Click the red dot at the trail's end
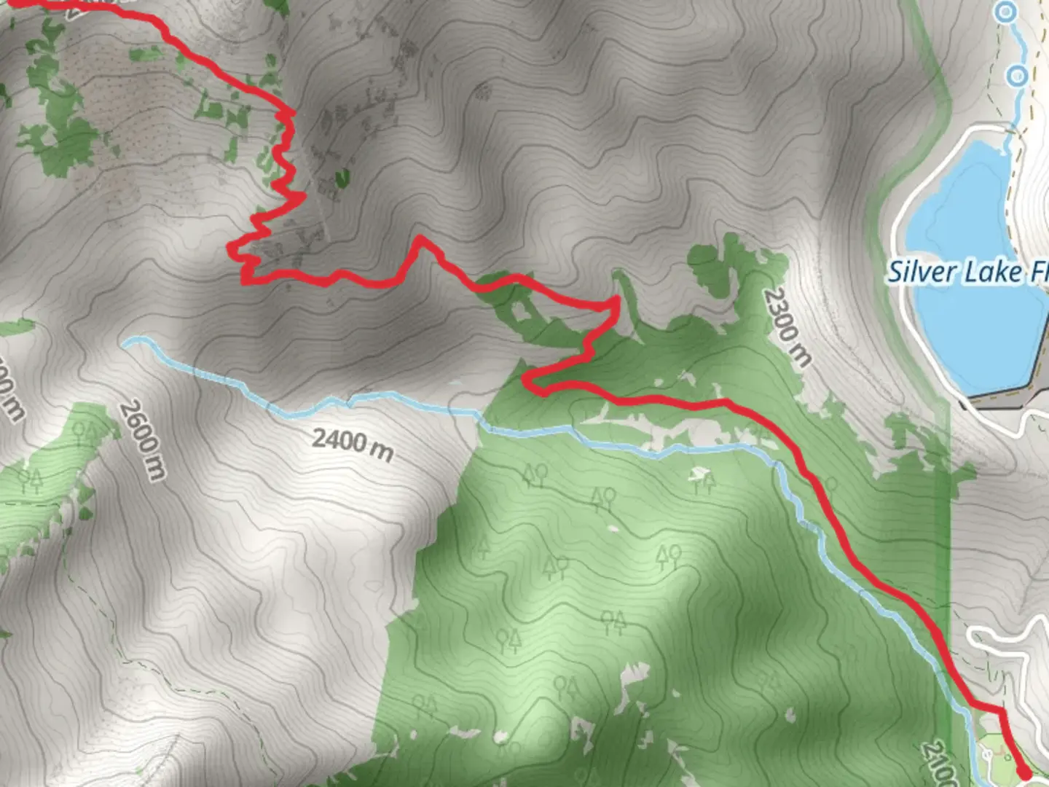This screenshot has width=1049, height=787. point(1024,772)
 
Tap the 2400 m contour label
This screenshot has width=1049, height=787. point(353,444)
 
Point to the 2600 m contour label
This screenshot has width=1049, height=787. point(143,440)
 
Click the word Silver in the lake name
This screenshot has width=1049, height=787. point(922,273)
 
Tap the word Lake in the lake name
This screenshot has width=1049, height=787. point(994,273)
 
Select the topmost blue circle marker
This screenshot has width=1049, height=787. point(1006,12)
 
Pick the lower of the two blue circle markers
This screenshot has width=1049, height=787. point(1018,75)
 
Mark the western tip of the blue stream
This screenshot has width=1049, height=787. point(125,340)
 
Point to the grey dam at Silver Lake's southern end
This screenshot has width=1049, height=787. point(1005,398)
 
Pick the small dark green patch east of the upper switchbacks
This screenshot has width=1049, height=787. point(342,176)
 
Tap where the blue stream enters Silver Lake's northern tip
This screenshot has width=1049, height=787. point(1010,135)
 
